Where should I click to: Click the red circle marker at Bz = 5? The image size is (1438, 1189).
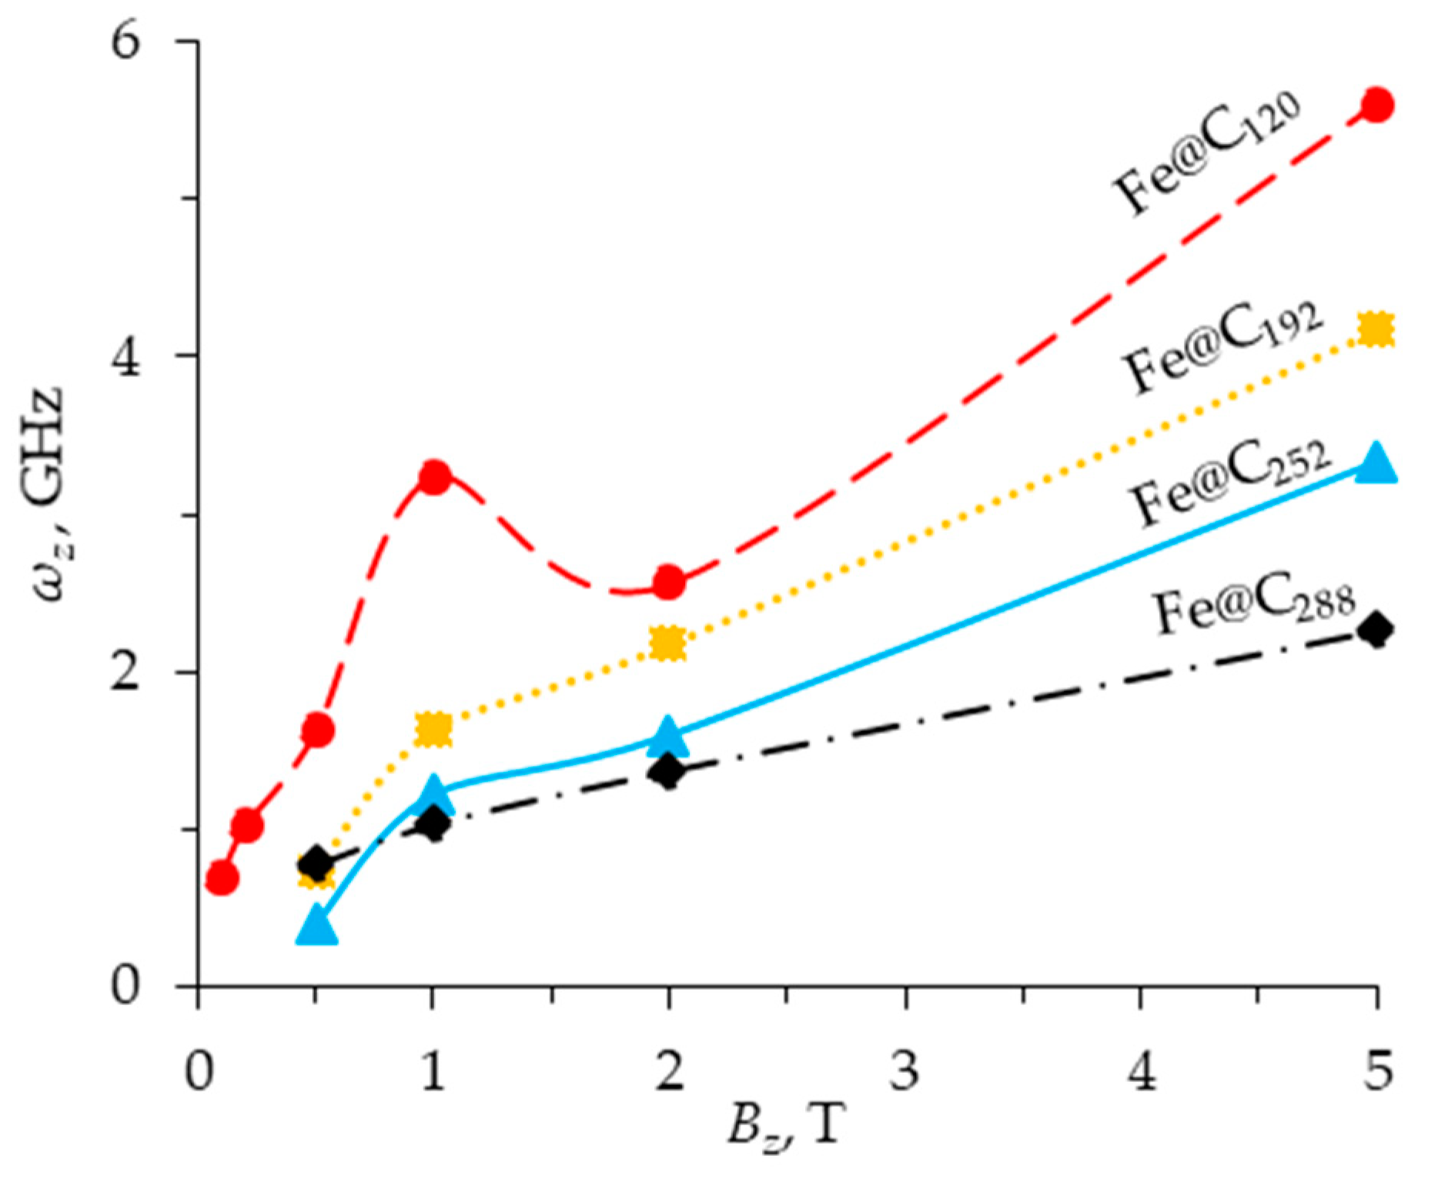1376,104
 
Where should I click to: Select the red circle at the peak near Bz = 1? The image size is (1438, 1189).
434,477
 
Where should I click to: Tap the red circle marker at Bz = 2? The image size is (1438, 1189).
668,582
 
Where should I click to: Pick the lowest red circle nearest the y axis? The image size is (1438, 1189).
222,877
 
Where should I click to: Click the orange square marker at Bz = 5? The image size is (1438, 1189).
1376,330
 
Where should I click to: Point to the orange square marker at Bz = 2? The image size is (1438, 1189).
667,643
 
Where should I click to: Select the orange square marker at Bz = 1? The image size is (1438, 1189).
433,729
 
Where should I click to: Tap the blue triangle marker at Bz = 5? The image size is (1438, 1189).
1376,464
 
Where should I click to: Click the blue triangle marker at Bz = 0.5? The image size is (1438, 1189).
316,927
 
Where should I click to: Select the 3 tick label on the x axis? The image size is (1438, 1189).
905,1070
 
